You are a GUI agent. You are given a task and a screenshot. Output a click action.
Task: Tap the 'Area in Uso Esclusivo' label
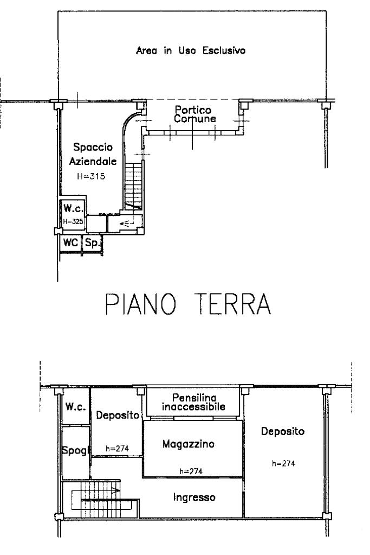190,52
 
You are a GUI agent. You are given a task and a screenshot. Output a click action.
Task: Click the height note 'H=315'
90,176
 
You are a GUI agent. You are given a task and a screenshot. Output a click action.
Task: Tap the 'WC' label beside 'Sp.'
70,243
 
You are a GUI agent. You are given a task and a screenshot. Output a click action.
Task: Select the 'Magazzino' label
189,444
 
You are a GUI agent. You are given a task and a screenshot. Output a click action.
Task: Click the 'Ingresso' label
194,496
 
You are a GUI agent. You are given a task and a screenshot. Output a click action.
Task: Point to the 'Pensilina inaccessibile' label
193,402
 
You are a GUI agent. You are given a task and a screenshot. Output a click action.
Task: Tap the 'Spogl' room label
75,451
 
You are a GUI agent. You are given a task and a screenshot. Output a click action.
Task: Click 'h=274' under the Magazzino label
191,471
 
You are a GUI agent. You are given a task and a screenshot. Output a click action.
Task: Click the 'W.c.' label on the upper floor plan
74,407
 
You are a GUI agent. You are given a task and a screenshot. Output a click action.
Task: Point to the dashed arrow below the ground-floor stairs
126,223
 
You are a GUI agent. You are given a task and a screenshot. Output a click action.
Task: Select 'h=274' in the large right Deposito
283,463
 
